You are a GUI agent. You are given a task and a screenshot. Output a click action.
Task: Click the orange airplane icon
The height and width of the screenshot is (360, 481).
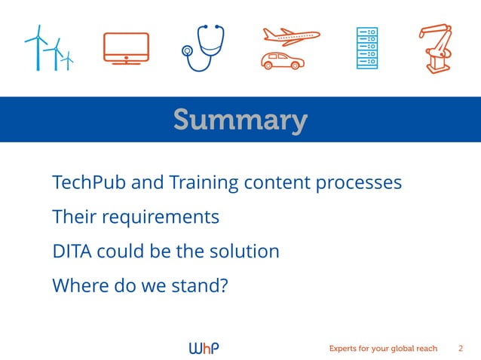291,35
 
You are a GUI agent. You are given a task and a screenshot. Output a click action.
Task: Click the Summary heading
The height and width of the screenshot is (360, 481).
240,120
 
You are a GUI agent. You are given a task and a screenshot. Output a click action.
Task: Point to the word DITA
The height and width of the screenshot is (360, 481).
70,252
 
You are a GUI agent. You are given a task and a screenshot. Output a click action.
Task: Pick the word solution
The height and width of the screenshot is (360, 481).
244,252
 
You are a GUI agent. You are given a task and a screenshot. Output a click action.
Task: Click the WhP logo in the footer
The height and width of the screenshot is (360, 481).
204,348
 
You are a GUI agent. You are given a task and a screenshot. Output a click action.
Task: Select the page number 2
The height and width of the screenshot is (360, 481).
461,348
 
